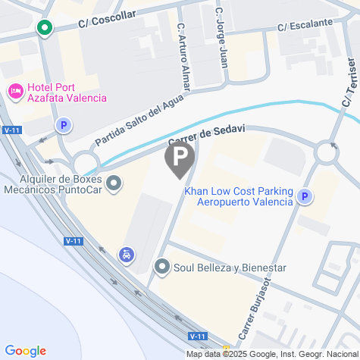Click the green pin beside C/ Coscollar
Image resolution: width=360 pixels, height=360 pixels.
coord(45,28)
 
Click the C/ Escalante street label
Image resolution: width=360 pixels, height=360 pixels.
coord(305,25)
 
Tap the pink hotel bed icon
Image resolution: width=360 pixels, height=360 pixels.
coord(15,92)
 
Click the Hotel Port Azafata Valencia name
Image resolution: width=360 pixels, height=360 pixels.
coord(67,92)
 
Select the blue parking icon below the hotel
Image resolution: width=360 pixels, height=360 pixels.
coord(64,126)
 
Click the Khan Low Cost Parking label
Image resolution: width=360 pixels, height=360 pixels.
coord(238,196)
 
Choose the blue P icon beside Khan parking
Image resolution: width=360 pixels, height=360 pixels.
coord(305,196)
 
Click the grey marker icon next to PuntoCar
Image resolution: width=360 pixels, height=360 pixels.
coord(114,183)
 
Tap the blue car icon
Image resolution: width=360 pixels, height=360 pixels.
coord(125,255)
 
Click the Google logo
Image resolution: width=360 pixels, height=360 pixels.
coord(25,351)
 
